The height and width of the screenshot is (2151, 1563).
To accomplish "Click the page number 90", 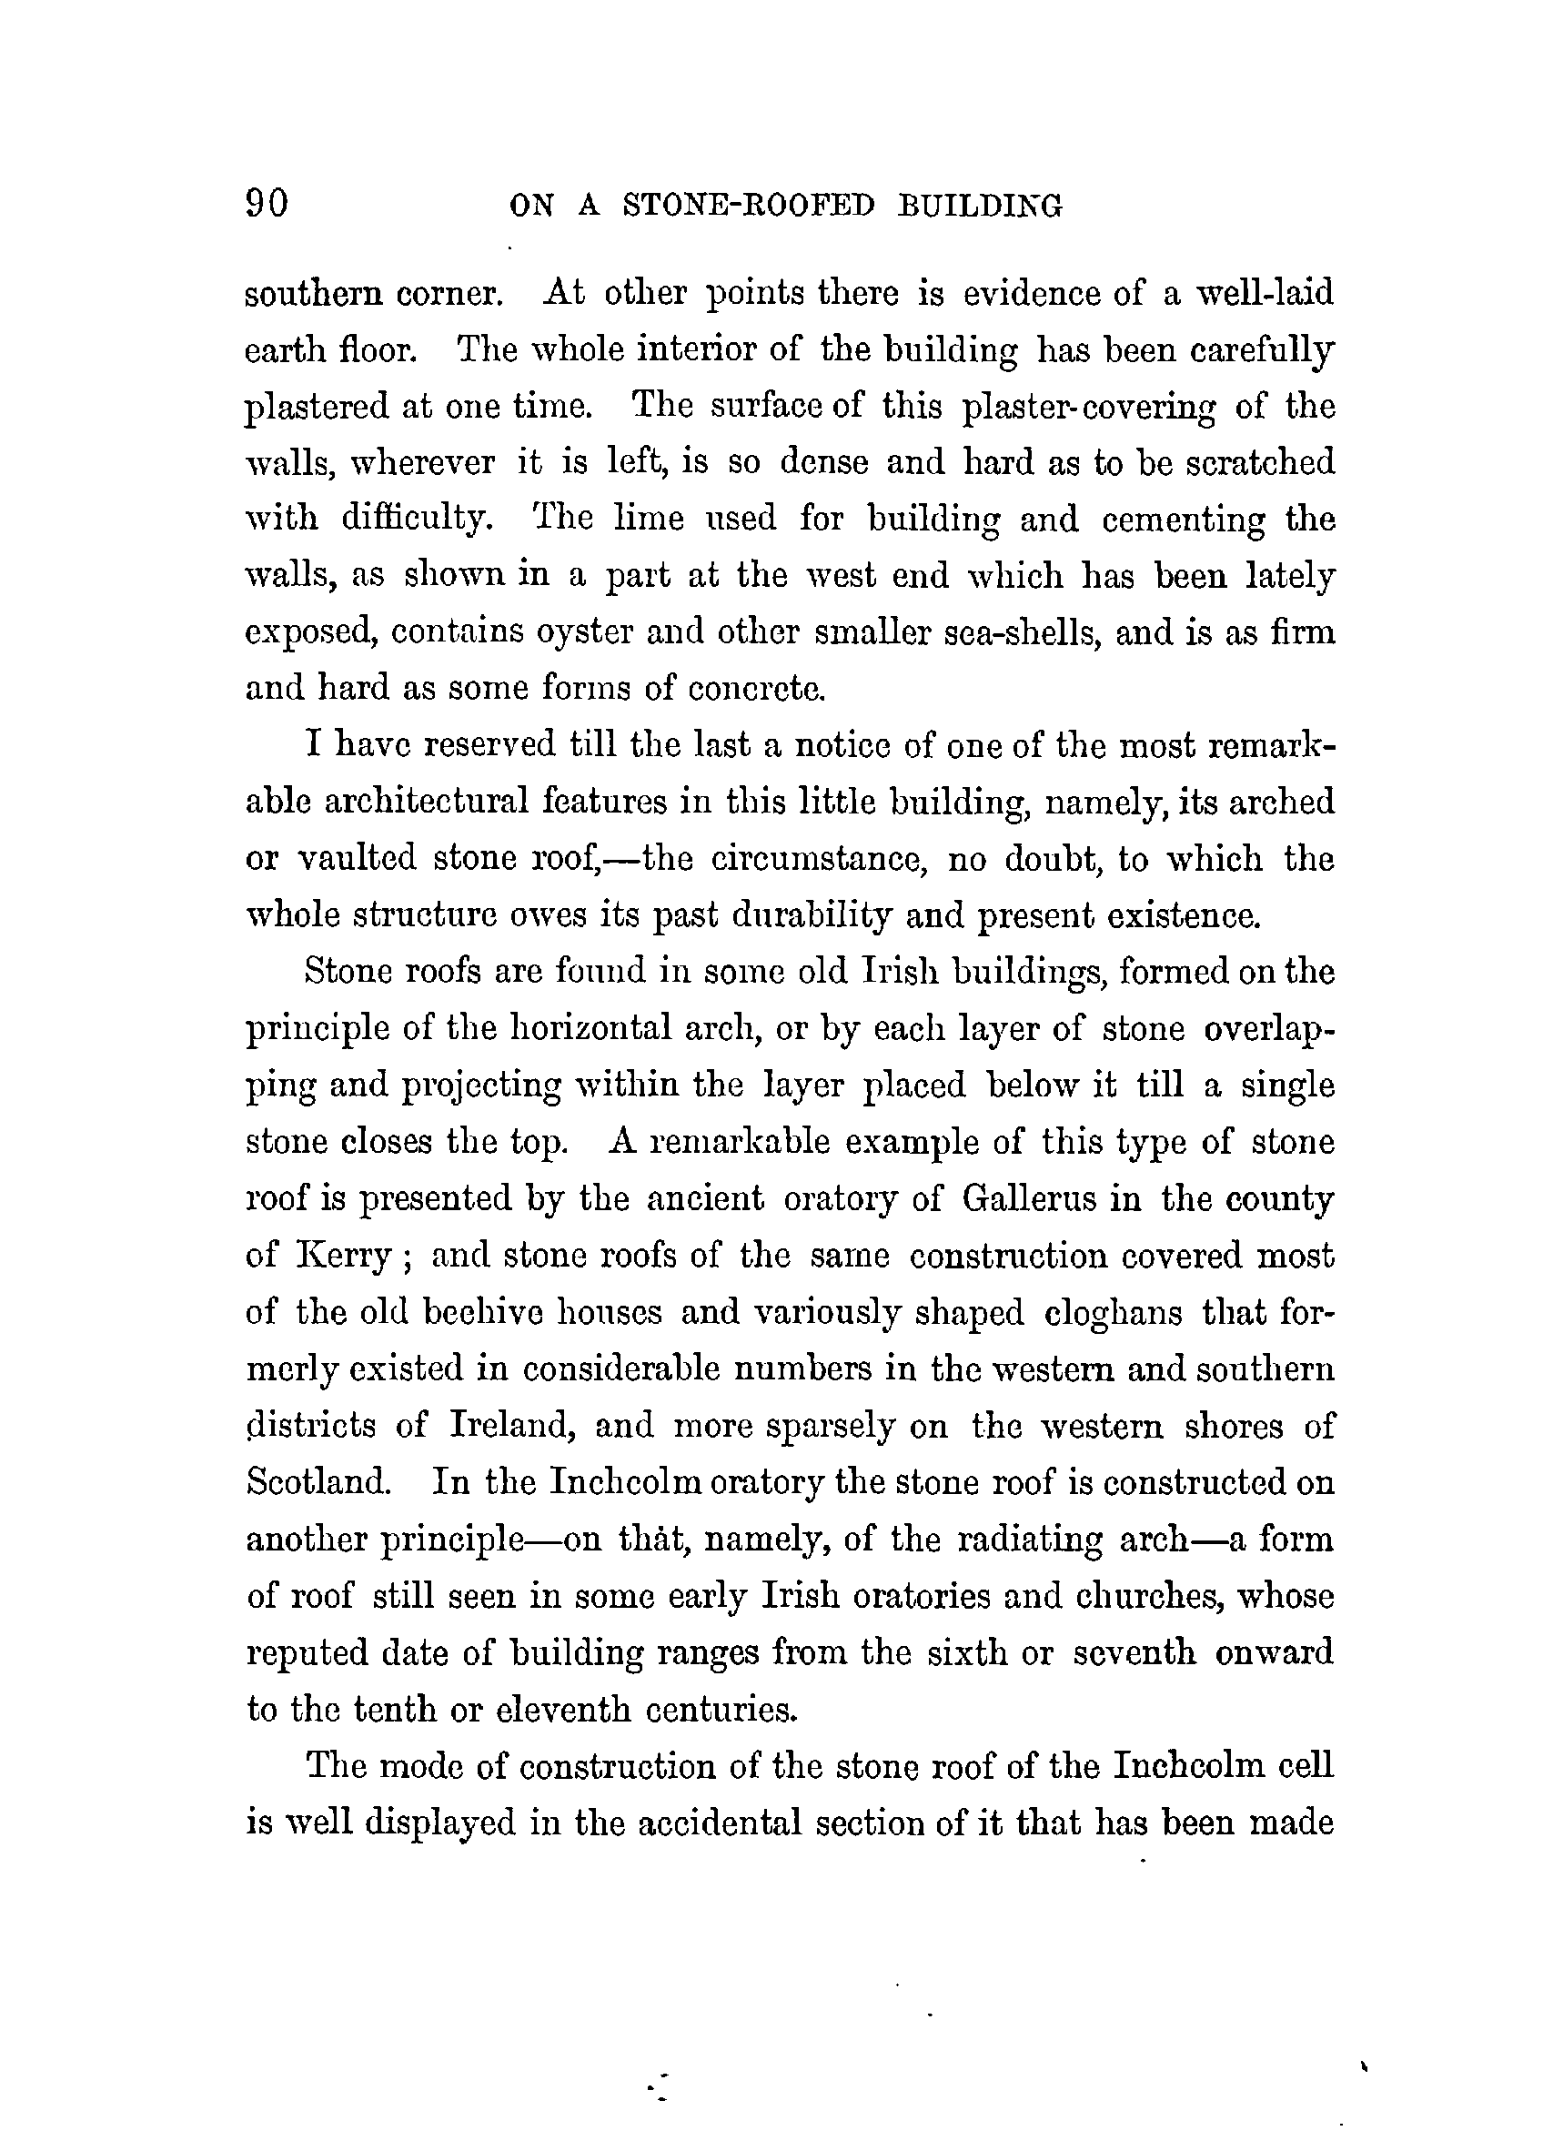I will pos(267,203).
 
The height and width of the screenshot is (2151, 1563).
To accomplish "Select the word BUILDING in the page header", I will pos(980,206).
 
